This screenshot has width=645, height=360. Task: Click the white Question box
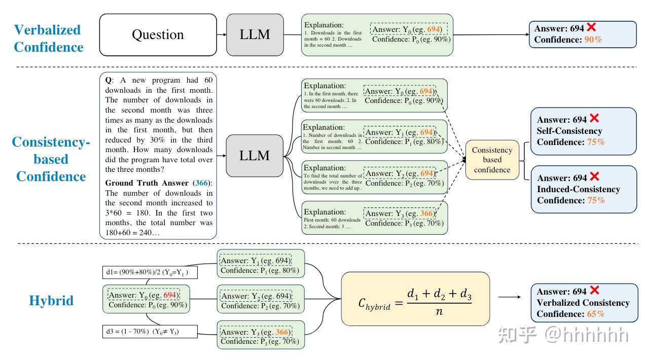158,34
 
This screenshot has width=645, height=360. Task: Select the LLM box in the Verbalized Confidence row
255,34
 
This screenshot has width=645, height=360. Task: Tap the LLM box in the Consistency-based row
255,156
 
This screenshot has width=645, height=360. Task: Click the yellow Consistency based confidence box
492,160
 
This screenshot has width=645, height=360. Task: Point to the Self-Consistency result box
583,131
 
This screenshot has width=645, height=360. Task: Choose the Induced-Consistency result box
583,189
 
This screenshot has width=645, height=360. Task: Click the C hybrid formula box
415,299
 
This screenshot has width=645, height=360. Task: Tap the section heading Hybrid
51,301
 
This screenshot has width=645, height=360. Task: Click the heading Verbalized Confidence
48,39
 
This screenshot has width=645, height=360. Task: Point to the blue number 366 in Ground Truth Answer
202,183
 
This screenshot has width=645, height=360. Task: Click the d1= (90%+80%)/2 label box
150,273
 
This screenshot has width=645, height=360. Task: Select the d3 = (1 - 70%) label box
150,332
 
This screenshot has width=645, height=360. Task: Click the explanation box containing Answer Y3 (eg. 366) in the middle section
375,218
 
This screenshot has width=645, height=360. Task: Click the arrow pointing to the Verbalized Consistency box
510,297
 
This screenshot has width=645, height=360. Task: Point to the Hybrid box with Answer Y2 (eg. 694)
261,300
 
